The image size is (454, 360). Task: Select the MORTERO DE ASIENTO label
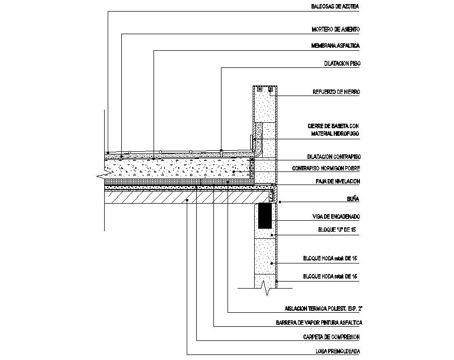tap(336, 30)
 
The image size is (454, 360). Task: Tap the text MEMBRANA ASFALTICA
tap(336, 46)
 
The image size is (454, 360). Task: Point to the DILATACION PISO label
tap(342, 64)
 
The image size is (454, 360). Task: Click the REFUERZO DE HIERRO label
tap(336, 93)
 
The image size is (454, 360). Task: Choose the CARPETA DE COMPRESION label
tap(331, 337)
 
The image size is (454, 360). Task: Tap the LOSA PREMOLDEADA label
tap(336, 351)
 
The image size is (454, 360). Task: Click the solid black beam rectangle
tap(265, 216)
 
